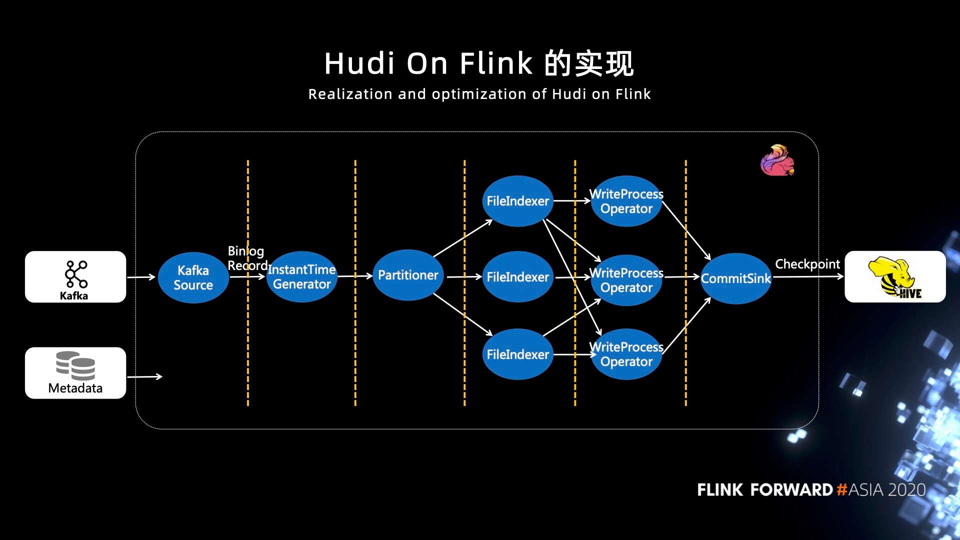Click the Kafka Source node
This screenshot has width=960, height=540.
(193, 277)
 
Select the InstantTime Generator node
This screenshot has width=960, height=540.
(301, 277)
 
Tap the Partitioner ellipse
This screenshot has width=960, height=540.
(408, 275)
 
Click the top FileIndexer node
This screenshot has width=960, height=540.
(517, 201)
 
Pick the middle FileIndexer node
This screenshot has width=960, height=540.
(517, 277)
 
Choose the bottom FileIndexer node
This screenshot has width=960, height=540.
(517, 354)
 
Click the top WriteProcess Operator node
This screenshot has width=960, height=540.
(626, 201)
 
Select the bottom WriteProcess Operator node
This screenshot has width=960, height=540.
(626, 354)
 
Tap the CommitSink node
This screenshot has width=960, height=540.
(736, 278)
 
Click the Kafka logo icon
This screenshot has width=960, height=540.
(76, 273)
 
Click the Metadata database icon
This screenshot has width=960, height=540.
(75, 365)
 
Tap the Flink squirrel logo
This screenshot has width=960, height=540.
(777, 160)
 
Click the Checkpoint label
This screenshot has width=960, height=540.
(807, 264)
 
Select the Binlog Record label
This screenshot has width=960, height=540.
(246, 258)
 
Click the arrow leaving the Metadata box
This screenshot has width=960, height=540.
(144, 376)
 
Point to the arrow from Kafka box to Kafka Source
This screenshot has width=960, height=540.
(141, 277)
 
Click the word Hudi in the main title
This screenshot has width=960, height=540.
(359, 64)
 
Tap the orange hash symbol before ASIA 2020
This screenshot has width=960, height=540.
(841, 489)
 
